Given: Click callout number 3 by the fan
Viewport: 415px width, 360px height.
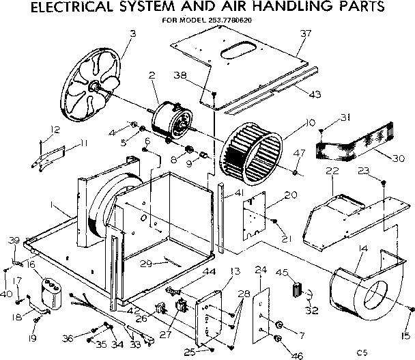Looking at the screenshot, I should click(132, 33).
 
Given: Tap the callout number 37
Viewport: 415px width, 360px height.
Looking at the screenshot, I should click(304, 33).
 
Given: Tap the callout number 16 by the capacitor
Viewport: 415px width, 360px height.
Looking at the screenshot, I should click(31, 263).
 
